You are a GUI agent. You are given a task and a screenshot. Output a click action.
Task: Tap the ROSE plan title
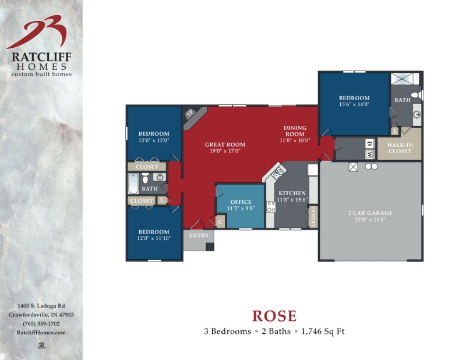pyautogui.click(x=274, y=316)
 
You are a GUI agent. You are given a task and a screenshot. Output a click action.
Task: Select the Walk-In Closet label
pyautogui.click(x=400, y=148)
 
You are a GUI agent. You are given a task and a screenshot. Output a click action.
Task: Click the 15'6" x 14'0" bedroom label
pyautogui.click(x=354, y=101)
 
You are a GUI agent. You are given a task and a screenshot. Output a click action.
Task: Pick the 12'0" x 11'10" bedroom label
pyautogui.click(x=154, y=235)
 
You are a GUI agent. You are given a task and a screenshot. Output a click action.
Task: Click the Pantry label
pyautogui.click(x=313, y=216)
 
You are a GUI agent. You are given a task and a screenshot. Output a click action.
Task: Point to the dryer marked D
pyautogui.click(x=370, y=143)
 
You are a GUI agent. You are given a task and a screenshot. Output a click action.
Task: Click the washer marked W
pyautogui.click(x=370, y=154)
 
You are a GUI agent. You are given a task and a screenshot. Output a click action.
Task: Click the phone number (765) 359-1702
pyautogui.click(x=42, y=323)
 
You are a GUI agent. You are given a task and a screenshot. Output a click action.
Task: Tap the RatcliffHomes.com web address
pyautogui.click(x=42, y=332)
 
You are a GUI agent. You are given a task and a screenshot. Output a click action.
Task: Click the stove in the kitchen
pyautogui.click(x=271, y=206)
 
